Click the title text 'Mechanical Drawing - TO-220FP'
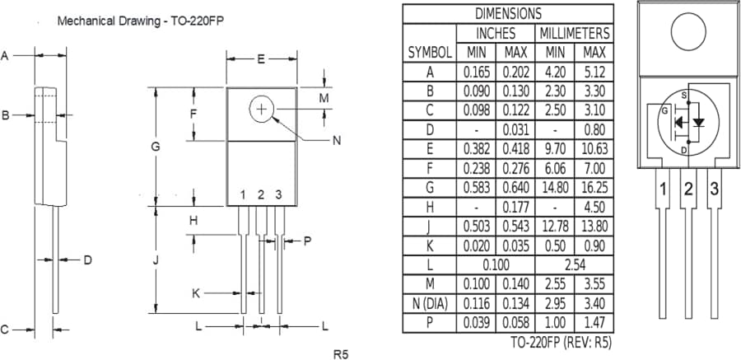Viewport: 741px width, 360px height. point(140,21)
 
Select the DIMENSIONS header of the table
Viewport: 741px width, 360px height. point(508,13)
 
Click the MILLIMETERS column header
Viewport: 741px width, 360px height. point(575,33)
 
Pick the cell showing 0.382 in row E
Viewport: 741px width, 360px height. point(477,148)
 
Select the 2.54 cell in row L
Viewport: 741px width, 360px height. point(575,264)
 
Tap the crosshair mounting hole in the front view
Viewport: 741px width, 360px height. point(262,109)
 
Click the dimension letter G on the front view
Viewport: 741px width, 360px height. point(154,147)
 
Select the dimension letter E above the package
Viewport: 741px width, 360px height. point(261,59)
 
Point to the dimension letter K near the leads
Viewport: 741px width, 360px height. point(196,292)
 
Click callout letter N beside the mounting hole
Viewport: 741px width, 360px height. point(336,141)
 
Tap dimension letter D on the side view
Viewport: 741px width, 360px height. point(87,260)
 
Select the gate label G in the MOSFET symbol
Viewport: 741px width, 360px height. point(664,110)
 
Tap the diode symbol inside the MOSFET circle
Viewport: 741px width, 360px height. point(699,122)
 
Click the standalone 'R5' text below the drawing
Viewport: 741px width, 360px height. point(341,354)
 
